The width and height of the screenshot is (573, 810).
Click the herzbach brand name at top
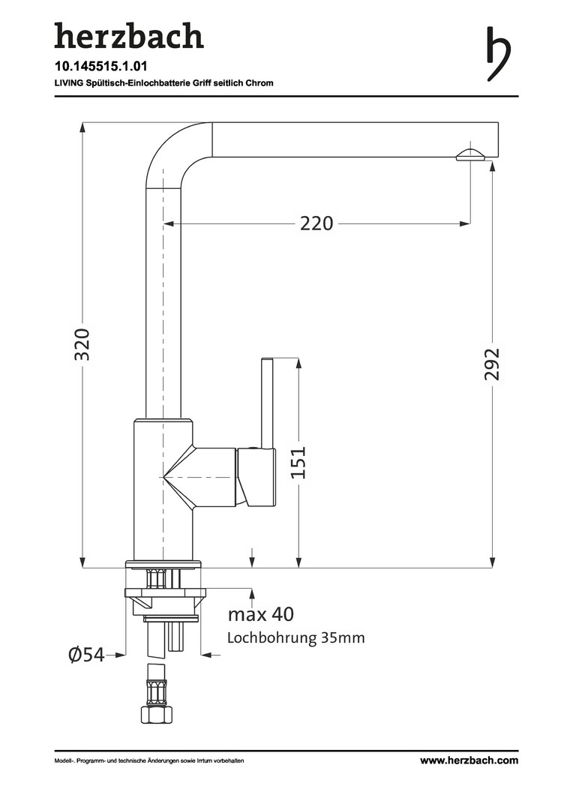coord(128,35)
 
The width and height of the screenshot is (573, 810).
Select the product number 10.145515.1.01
coord(94,66)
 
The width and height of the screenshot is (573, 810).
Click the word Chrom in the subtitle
coord(259,82)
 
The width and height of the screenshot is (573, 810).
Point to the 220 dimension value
coord(316,223)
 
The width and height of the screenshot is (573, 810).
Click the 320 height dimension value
coord(82,343)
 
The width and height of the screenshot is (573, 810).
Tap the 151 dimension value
coord(298,463)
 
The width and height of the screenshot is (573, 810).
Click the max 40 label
coord(261,615)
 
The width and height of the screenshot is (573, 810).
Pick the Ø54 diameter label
coord(85,655)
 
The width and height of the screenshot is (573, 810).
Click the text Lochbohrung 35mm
coord(295,638)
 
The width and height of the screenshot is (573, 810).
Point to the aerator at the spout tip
coord(470,154)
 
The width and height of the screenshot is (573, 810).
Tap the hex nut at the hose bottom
coord(156,714)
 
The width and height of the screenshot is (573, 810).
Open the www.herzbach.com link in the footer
coord(469,760)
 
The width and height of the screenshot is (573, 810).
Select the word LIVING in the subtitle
coord(68,82)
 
